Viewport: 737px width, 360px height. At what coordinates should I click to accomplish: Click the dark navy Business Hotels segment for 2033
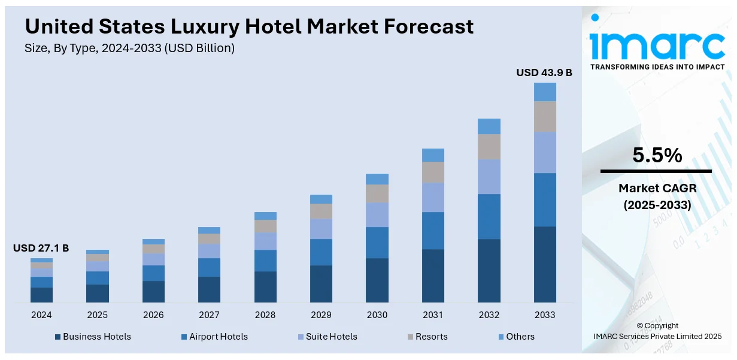coord(545,264)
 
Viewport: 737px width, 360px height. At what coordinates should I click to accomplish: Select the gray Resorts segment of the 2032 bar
coord(489,147)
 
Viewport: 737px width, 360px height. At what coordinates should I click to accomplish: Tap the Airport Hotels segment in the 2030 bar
coord(377,243)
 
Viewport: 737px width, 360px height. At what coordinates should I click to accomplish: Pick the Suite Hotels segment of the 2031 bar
coord(433,197)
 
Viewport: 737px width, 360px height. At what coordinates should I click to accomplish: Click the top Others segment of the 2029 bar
coord(321,199)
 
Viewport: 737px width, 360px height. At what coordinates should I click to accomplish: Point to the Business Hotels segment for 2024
coord(41,295)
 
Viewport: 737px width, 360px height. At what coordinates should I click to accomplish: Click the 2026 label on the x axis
coord(153,315)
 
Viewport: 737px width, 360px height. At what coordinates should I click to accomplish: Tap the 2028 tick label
coord(265,315)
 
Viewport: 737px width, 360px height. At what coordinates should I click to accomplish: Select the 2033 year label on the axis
coord(545,315)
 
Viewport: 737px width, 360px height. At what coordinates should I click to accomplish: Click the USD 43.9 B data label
coord(544,72)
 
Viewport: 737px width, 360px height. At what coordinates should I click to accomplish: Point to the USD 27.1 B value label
coord(41,248)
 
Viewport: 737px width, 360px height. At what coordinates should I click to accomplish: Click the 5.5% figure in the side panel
coord(657,156)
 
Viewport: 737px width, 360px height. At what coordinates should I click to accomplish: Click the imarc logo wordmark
coord(657,44)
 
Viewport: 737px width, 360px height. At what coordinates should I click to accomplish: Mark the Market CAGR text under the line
coord(657,189)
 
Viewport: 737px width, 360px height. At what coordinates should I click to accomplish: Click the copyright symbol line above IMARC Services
coord(657,326)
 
